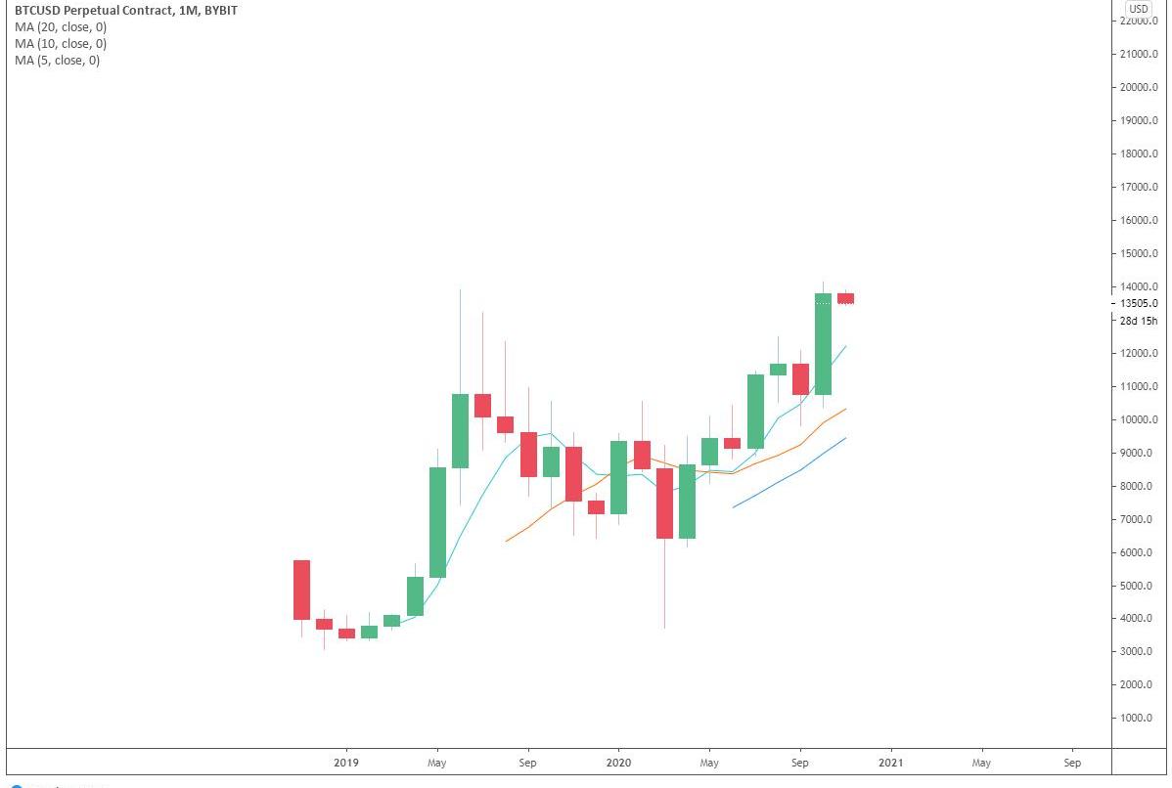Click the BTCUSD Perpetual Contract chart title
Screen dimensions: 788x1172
125,10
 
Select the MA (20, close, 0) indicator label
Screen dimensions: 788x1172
61,27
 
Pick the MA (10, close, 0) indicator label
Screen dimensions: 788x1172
61,44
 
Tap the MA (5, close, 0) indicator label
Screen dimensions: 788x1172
57,61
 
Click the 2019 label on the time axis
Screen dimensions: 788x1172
346,763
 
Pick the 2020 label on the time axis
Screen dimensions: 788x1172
618,763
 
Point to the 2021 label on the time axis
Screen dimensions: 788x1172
890,763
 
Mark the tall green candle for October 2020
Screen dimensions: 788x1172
823,344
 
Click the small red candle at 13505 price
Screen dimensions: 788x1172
845,298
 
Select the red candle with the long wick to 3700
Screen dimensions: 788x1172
664,503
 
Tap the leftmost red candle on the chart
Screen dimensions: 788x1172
301,590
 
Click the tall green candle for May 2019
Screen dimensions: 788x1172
437,522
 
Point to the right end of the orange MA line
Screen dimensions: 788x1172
845,409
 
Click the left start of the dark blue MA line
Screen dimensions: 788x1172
733,506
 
